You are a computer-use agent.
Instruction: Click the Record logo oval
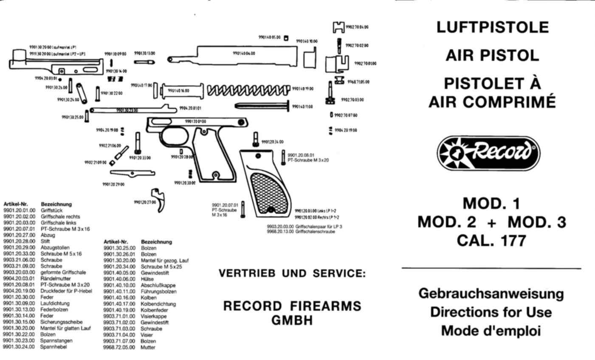point(488,153)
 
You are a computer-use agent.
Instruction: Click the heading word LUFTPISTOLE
point(493,28)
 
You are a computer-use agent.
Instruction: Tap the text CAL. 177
point(491,241)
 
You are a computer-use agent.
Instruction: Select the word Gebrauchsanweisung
point(491,294)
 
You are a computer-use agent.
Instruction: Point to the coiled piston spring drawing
point(248,90)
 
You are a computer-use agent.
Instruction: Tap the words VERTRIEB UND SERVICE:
point(292,274)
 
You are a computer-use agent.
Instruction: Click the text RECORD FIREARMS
point(292,306)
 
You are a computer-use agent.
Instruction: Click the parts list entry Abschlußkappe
point(158,285)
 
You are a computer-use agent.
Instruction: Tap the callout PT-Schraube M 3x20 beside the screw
point(308,160)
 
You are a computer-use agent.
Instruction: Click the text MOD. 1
point(491,204)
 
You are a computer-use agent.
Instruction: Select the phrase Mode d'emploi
point(491,331)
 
